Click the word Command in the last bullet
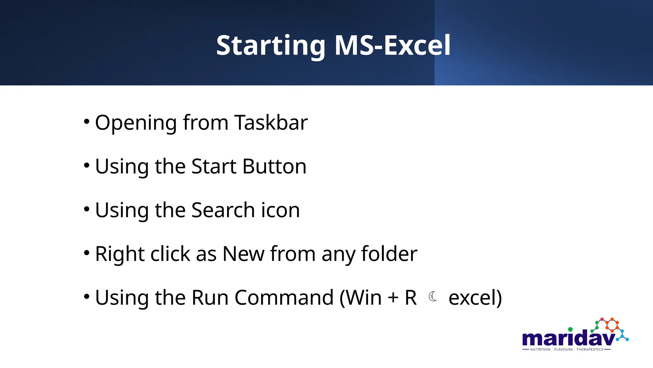click(284, 297)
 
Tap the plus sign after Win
click(393, 298)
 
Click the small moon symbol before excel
click(433, 296)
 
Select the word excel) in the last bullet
click(475, 298)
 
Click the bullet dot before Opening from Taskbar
click(86, 121)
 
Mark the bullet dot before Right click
click(86, 253)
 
